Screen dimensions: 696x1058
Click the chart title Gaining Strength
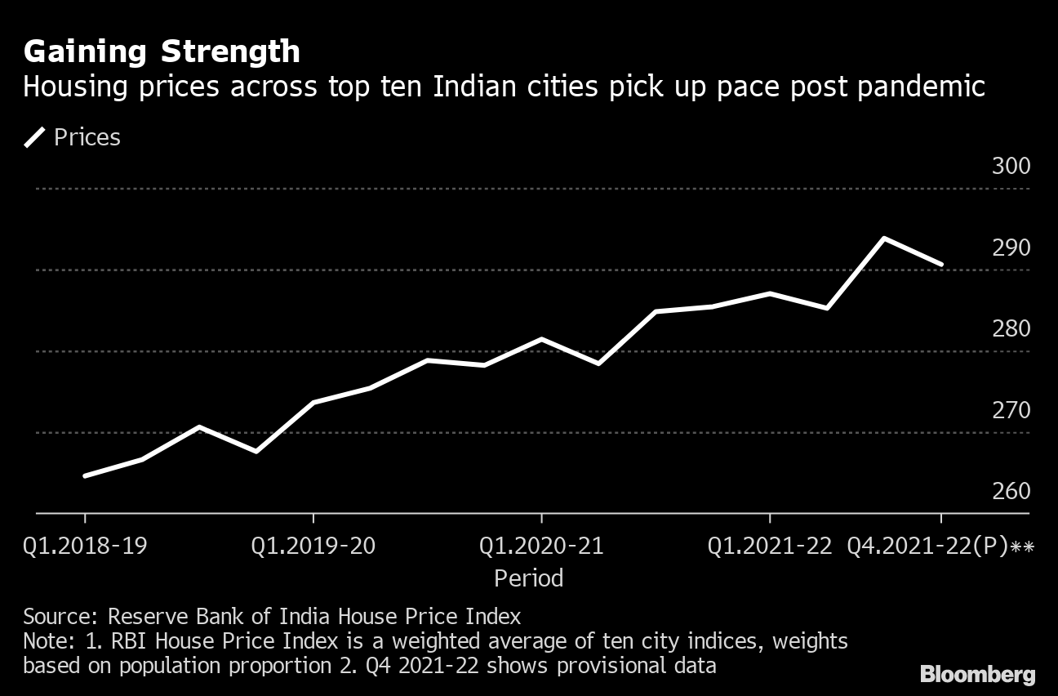pos(162,52)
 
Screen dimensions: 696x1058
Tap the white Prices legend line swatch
pos(35,137)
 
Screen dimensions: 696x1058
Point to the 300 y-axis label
pos(1011,166)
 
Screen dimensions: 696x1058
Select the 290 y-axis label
pos(1011,248)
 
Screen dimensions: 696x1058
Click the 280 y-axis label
pos(1011,328)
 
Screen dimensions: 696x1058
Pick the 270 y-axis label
pos(1011,410)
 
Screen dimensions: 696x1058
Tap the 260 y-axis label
pos(1011,491)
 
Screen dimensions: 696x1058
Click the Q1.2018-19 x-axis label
pos(85,546)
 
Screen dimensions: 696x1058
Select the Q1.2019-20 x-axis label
pos(313,546)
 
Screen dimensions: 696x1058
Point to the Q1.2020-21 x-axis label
pos(541,546)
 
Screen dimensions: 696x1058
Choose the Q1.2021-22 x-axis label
pos(770,546)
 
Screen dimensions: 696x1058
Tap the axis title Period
pos(529,578)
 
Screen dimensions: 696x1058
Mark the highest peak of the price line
pos(884,239)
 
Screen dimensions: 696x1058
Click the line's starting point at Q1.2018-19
pos(85,475)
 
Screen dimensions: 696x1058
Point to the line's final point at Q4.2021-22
pos(941,264)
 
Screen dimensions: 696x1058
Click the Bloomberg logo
pos(977,675)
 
